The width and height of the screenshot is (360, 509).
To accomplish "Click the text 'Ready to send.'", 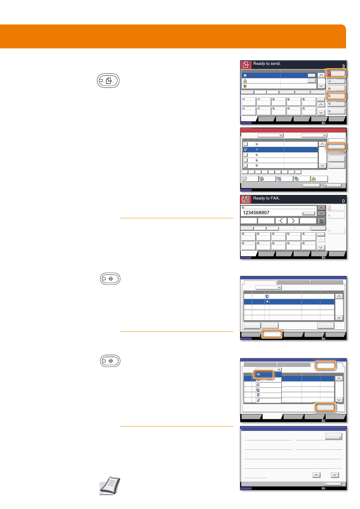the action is [x=266, y=64].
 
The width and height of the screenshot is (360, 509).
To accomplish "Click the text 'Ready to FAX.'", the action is [x=266, y=198].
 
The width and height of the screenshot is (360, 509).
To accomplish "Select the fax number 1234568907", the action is [x=256, y=213].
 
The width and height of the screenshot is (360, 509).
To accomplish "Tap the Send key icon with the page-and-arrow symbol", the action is [x=108, y=81].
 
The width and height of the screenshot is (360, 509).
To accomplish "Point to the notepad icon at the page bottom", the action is [x=109, y=485].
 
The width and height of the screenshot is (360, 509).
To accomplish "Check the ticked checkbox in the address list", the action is [x=246, y=150].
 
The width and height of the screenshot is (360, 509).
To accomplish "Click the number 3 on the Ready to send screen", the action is [x=343, y=66].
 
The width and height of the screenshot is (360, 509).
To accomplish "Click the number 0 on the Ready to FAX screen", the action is [x=343, y=201].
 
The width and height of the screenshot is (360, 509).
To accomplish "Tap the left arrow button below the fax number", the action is [x=281, y=221].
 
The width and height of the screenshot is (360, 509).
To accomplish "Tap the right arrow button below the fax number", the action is [x=293, y=221].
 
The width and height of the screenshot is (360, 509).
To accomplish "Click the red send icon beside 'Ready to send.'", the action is [x=246, y=65].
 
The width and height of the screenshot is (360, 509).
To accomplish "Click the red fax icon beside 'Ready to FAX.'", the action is [x=246, y=199].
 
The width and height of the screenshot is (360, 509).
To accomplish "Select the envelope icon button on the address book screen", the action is [x=250, y=179].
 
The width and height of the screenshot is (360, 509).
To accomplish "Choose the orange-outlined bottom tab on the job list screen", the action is [x=272, y=334].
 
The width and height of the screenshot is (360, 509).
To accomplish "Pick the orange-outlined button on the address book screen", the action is [x=336, y=147].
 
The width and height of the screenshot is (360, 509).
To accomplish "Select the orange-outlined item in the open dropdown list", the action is [x=263, y=374].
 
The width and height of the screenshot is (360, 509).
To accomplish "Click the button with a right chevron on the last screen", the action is [x=333, y=436].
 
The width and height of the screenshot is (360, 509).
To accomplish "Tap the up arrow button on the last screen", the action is [x=316, y=475].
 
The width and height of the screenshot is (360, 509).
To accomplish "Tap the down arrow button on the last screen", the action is [x=335, y=475].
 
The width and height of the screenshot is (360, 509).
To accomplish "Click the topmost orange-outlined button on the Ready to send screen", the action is [x=336, y=73].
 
